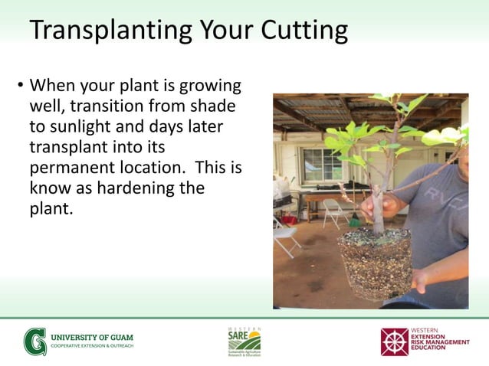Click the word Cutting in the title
click(305, 31)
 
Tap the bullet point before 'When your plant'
click(21, 86)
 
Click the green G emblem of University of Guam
click(34, 341)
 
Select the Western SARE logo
click(244, 341)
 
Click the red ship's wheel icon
click(395, 342)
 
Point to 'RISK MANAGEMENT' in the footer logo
click(441, 341)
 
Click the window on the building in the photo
click(321, 164)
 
